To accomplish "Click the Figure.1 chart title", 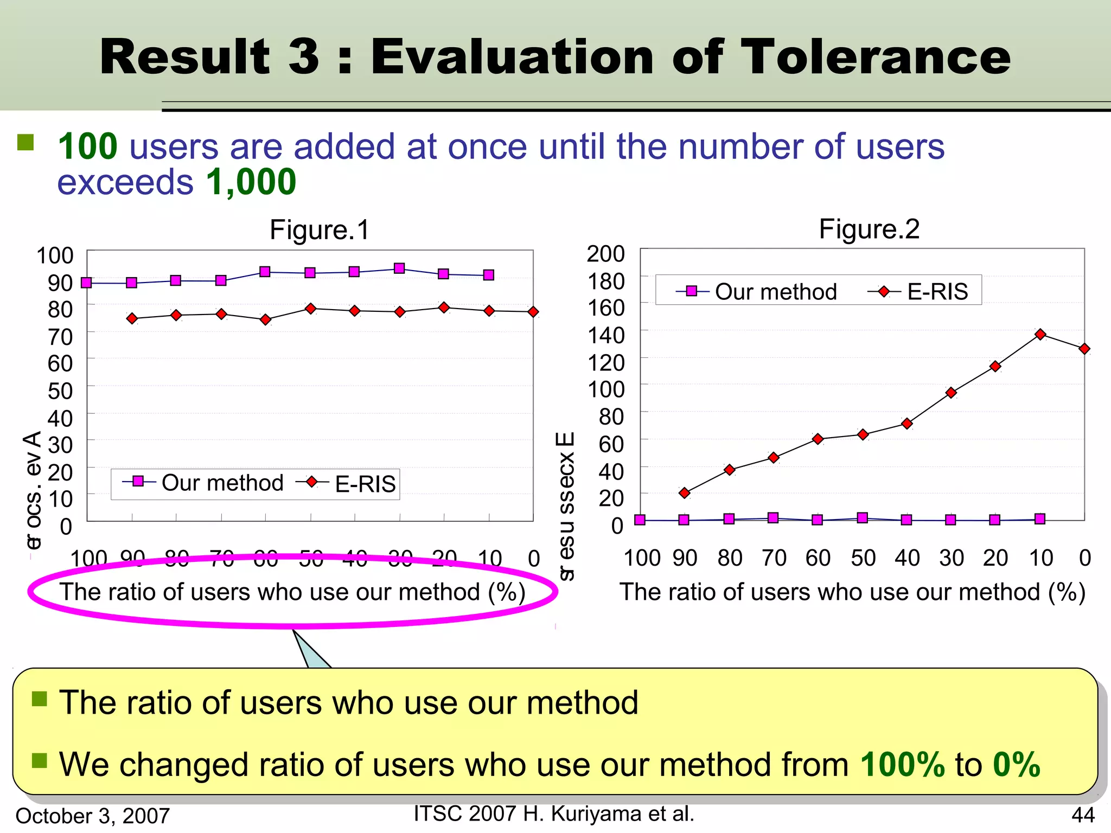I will click(x=319, y=230).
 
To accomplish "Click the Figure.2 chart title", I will click(x=869, y=229).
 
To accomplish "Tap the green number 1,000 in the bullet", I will click(x=251, y=182).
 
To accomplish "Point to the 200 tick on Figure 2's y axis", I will click(x=605, y=253).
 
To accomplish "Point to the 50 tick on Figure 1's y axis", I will click(x=60, y=391).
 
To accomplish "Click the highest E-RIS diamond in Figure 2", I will click(x=1040, y=334).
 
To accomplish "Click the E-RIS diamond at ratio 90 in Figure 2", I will click(x=685, y=493).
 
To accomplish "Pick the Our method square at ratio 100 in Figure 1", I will click(x=86, y=283).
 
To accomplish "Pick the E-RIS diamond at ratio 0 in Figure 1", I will click(x=533, y=312).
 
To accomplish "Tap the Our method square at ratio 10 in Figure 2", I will click(x=1040, y=519).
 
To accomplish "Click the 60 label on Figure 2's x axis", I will click(x=818, y=558).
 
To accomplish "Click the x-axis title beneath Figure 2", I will click(x=852, y=592).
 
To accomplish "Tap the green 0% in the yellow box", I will click(x=1016, y=765).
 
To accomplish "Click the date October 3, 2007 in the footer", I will click(x=93, y=816).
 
